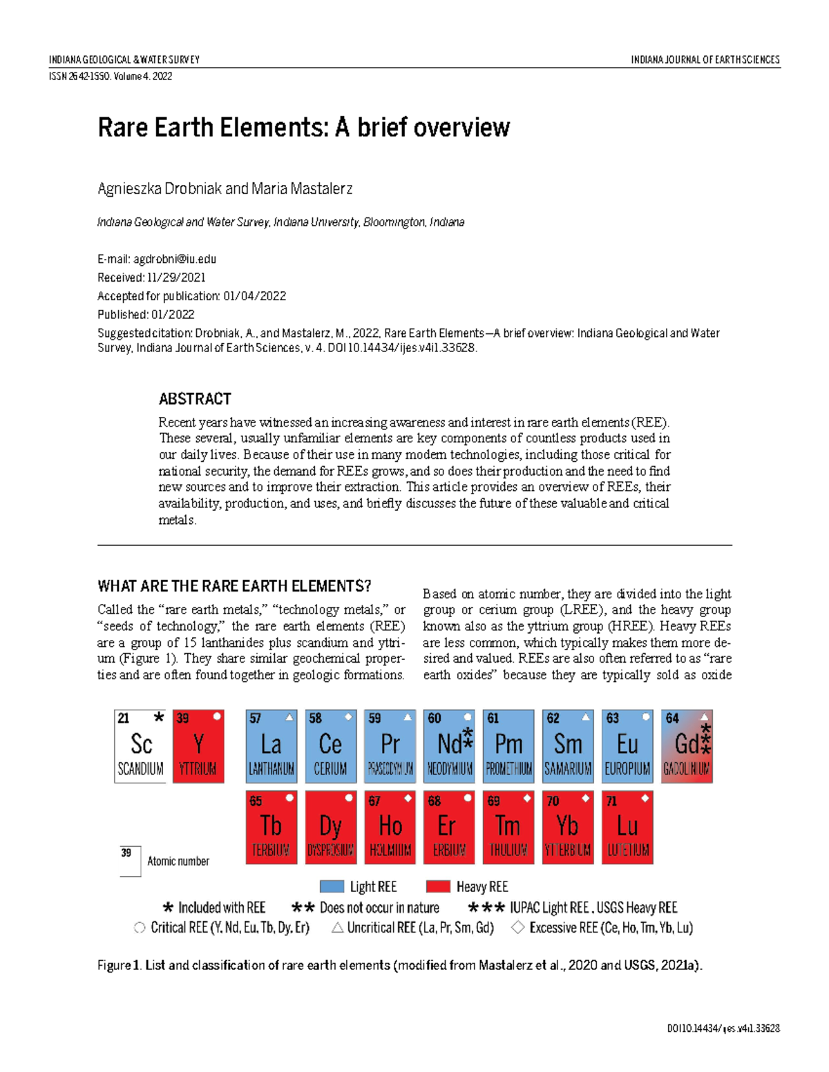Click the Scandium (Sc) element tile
tap(140, 746)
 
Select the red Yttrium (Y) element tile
tap(198, 746)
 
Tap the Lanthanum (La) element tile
tap(271, 746)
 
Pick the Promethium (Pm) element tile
tap(508, 746)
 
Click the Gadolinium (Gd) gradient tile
tap(687, 746)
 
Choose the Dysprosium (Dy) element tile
tap(330, 828)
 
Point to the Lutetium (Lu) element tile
tap(627, 828)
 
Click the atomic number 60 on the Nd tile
tap(434, 719)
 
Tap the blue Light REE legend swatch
tap(332, 887)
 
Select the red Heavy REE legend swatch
tap(438, 887)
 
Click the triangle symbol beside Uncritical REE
tap(337, 928)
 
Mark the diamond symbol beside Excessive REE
tap(517, 928)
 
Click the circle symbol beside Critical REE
tap(140, 928)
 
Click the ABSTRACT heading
tap(195, 399)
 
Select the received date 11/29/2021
tap(176, 277)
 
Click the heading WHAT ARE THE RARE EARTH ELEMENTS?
tap(234, 586)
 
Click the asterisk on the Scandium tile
tap(159, 717)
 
